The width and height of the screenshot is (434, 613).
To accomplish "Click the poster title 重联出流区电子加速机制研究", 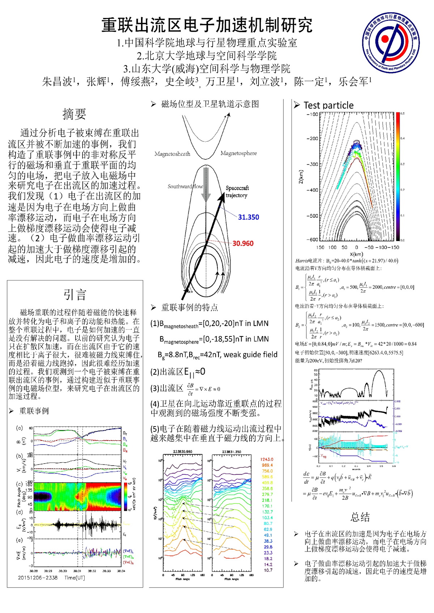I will pyautogui.click(x=207, y=25).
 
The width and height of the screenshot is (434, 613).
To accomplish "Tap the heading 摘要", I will pyautogui.click(x=74, y=114).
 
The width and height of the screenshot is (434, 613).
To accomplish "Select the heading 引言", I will pyautogui.click(x=75, y=295).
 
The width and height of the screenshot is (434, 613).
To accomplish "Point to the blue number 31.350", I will pyautogui.click(x=248, y=217).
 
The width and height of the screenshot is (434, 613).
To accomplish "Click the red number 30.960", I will pyautogui.click(x=243, y=244).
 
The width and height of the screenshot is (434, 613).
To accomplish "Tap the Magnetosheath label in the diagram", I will pyautogui.click(x=172, y=154).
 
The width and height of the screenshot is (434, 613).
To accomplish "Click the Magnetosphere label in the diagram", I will pyautogui.click(x=239, y=153).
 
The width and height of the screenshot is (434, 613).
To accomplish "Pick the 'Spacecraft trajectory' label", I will pyautogui.click(x=237, y=192).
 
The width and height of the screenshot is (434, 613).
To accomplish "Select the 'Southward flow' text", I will pyautogui.click(x=185, y=187).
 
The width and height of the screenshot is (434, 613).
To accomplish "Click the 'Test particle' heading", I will pyautogui.click(x=328, y=105).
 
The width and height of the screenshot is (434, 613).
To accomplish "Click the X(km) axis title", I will pyautogui.click(x=356, y=254).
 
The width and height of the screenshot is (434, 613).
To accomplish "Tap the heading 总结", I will pyautogui.click(x=360, y=517).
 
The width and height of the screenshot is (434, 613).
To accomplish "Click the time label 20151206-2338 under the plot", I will pyautogui.click(x=38, y=578).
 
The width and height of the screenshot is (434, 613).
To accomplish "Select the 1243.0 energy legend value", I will pyautogui.click(x=267, y=459).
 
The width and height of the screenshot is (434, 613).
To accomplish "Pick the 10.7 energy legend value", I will pyautogui.click(x=268, y=570).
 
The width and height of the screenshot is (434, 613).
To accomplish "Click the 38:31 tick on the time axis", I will pyautogui.click(x=77, y=571).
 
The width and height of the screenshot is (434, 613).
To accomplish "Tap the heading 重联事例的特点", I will pyautogui.click(x=190, y=308).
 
